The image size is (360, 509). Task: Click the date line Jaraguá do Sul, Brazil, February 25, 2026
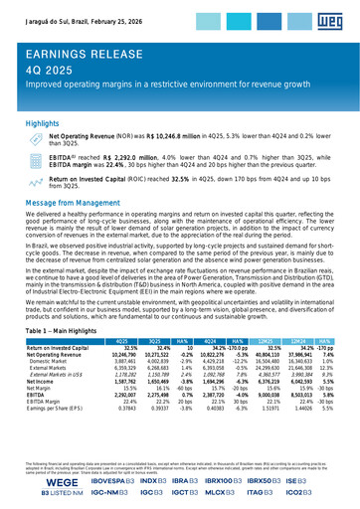[x=87, y=9]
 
